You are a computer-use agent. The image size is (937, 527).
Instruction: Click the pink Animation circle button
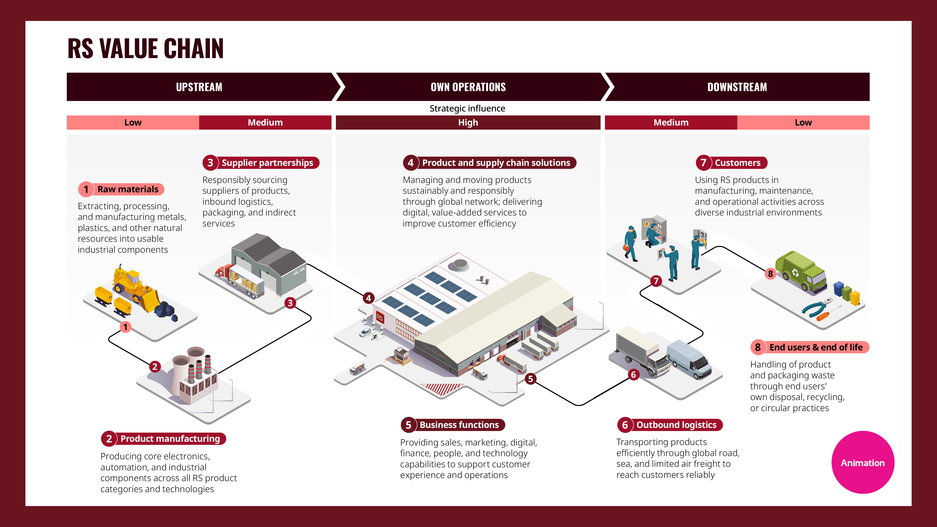(862, 462)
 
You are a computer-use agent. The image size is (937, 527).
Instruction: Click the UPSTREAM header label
(199, 87)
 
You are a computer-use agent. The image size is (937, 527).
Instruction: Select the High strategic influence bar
(468, 122)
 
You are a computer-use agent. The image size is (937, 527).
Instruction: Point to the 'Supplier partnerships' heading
(261, 163)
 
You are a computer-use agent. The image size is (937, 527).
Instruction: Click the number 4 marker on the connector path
(369, 298)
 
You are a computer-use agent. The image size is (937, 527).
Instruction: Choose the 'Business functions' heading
(453, 425)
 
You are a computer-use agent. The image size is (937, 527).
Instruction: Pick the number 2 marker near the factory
(155, 367)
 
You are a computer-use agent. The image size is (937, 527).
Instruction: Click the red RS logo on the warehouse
(380, 318)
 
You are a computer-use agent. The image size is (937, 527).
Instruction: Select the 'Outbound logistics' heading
(670, 425)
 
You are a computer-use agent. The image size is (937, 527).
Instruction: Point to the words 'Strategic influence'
(467, 108)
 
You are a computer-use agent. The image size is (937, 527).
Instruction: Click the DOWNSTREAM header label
(737, 87)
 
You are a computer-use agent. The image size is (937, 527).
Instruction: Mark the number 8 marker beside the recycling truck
(770, 274)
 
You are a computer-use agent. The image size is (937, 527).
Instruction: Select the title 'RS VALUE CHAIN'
(146, 48)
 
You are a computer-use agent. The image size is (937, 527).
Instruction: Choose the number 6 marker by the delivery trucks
(633, 375)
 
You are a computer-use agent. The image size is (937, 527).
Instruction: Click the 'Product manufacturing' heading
(164, 439)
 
